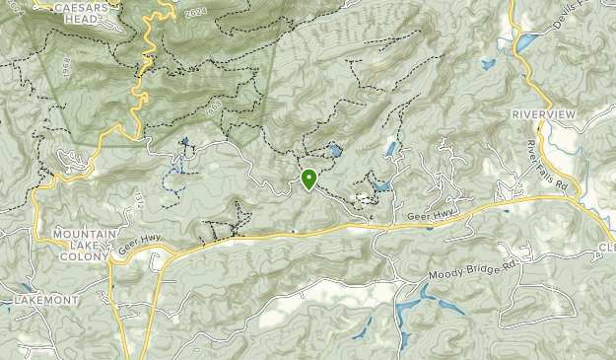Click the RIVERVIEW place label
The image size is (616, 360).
point(542,115)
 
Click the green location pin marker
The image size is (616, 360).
point(308,179)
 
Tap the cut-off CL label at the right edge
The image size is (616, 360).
point(606,247)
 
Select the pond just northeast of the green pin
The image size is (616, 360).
point(336,151)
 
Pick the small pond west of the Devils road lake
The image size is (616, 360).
point(487,65)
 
